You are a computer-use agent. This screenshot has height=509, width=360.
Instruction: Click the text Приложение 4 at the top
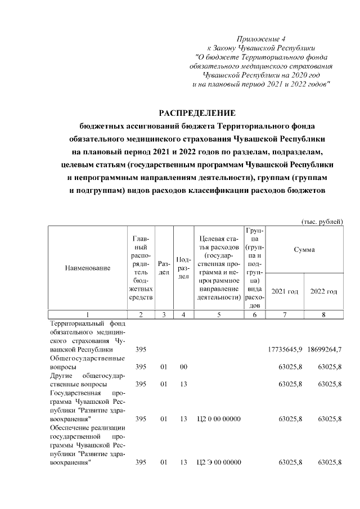(261, 39)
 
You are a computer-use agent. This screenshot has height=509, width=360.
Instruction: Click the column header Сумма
(304, 249)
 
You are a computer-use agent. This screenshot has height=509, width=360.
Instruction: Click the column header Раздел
(164, 268)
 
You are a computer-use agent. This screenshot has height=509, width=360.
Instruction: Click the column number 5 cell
(218, 314)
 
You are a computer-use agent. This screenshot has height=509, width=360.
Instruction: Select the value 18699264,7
(324, 350)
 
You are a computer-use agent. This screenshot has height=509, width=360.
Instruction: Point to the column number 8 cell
(324, 314)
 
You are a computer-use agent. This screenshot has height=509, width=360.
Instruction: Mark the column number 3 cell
(164, 314)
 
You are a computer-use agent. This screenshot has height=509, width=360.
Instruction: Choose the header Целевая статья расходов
(218, 268)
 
